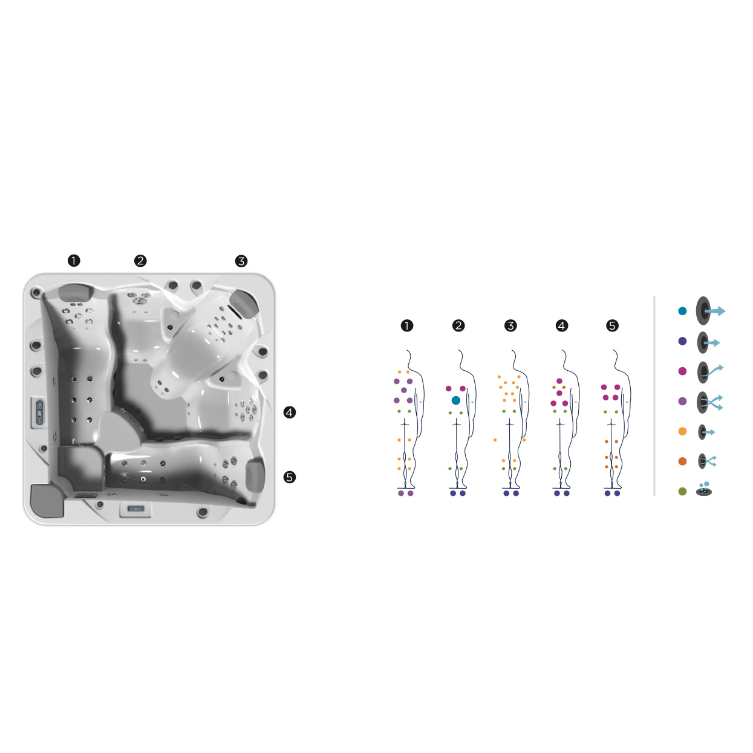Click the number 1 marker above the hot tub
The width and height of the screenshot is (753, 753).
[74, 261]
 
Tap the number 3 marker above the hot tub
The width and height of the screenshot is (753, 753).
[241, 261]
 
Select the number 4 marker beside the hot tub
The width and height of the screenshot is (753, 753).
[290, 412]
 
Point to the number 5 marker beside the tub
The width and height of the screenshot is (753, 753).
[290, 477]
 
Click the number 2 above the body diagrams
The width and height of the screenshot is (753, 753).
[458, 325]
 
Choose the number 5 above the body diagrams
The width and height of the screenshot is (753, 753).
[612, 325]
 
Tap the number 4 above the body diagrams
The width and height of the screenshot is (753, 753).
[561, 325]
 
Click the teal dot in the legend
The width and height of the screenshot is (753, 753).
[682, 311]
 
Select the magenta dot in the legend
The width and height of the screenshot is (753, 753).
[682, 371]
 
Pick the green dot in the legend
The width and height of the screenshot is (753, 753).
[682, 492]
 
